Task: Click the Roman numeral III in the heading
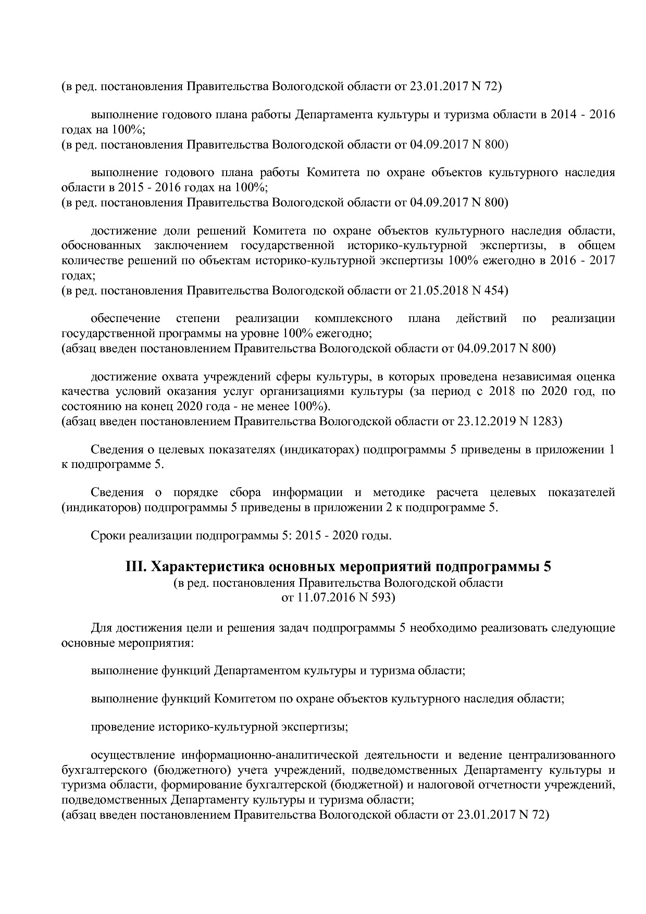coord(136,567)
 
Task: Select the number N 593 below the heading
coord(377,598)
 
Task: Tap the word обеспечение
coord(126,318)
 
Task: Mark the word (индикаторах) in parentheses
coord(320,450)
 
